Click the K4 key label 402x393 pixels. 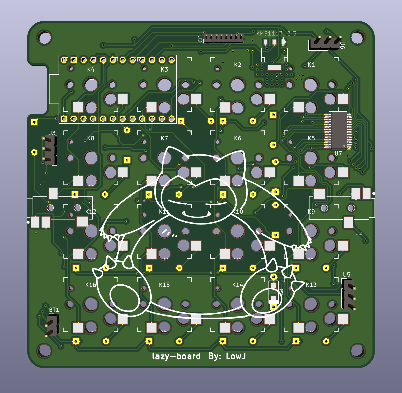coord(91,70)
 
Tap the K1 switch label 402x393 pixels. coord(311,65)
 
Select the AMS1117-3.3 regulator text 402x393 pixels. coord(276,33)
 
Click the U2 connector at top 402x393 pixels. coord(224,38)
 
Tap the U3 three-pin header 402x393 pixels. coord(50,150)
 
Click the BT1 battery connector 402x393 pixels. coord(52,325)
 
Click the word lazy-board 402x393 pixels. coord(176,356)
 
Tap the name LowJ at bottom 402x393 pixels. coord(236,356)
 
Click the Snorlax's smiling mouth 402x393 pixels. coord(197,215)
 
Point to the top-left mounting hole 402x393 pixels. coord(45,38)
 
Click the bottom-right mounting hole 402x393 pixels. coord(357,351)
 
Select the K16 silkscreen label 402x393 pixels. coord(91,285)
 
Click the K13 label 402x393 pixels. coord(311,285)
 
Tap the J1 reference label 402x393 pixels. coord(42,183)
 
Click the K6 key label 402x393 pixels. coord(237,138)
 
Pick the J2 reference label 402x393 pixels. coord(359,233)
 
